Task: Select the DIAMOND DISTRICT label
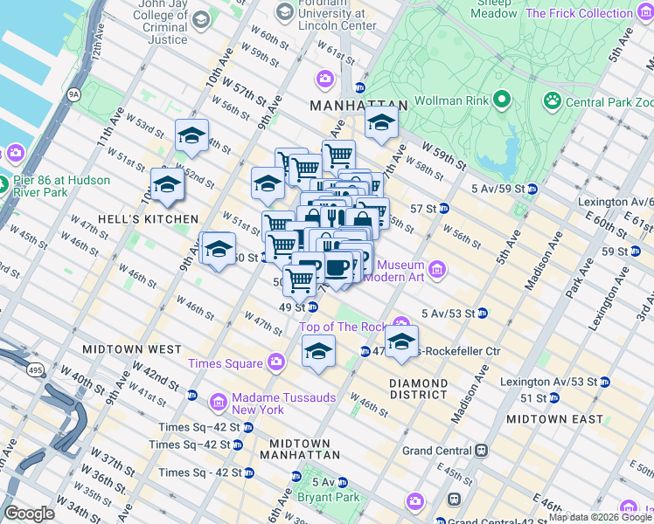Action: (419, 389)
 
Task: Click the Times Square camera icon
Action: (276, 362)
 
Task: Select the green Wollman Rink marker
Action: (501, 100)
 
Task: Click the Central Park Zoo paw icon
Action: (552, 101)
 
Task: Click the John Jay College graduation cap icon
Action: (201, 19)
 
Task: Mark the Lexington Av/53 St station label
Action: (549, 382)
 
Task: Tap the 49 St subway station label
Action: (291, 307)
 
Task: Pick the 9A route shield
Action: (73, 93)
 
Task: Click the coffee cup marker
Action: (337, 267)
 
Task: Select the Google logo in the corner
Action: (30, 513)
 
